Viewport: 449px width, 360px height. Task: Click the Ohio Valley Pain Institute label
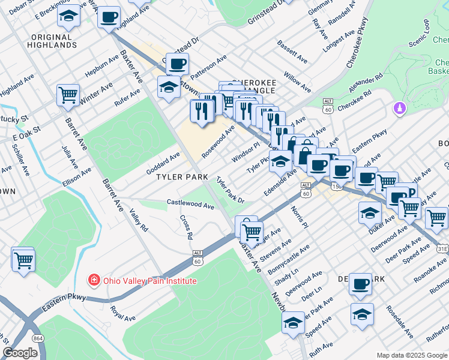pos(149,280)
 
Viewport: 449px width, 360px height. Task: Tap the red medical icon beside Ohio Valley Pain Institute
pos(94,280)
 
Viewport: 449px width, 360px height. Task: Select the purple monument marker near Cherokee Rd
pos(399,109)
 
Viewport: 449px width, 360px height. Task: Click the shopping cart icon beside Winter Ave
pos(68,94)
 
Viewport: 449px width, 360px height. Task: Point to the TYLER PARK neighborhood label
pos(182,178)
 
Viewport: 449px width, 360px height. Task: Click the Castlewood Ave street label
pos(190,205)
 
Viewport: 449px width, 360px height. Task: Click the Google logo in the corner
pos(20,353)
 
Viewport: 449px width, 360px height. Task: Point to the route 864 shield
pos(38,340)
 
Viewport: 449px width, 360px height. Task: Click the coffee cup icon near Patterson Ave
pos(177,64)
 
